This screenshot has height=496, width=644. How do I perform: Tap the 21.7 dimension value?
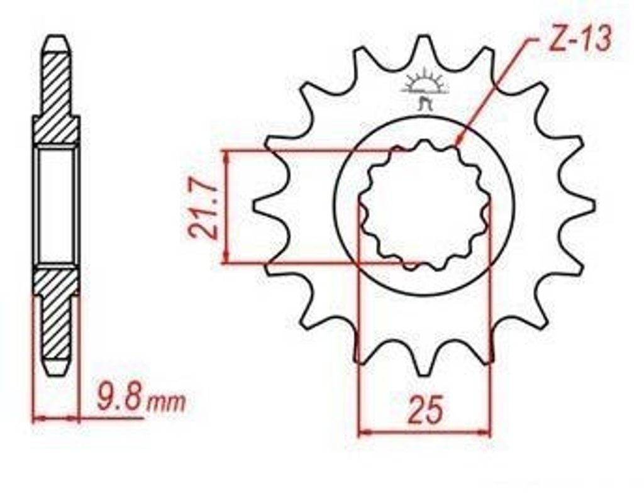(203, 211)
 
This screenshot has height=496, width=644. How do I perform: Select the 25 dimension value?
(426, 410)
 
